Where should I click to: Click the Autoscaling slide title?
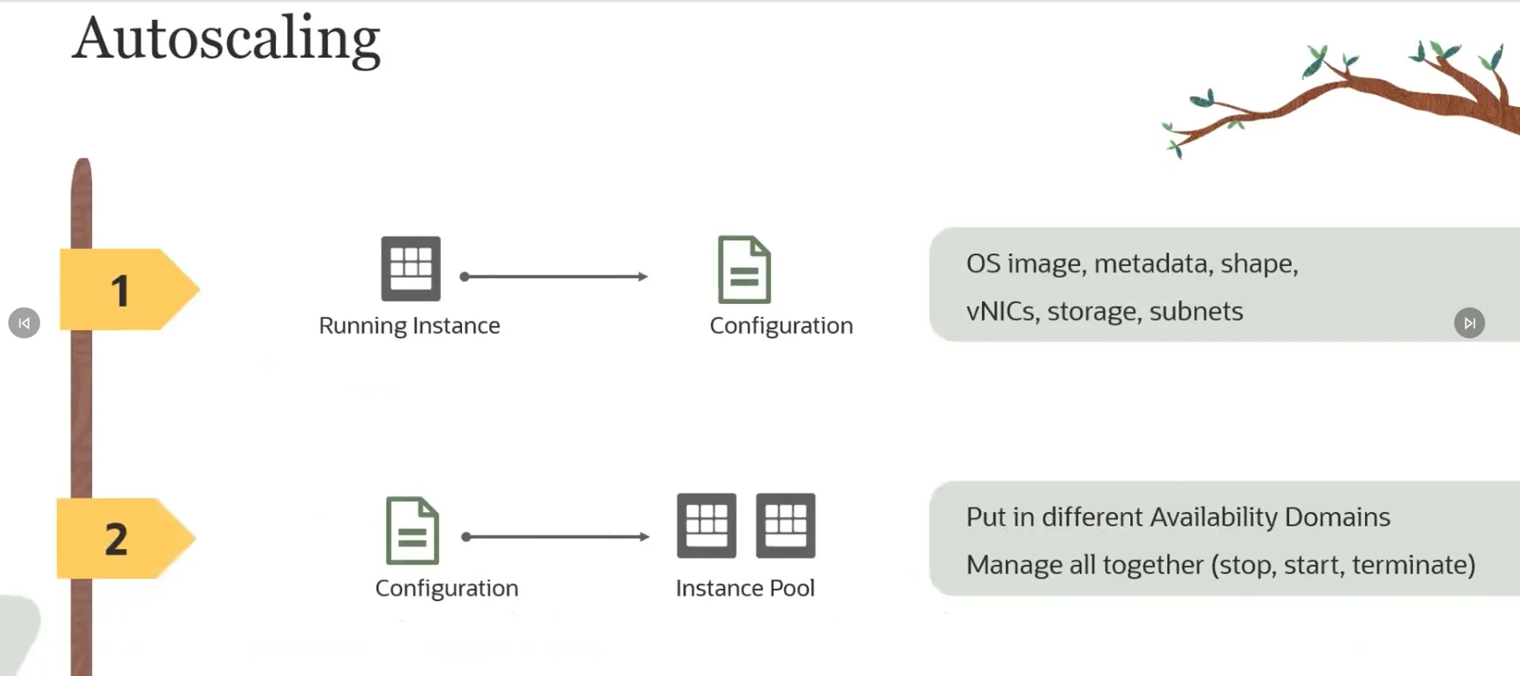(x=226, y=39)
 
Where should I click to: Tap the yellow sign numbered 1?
(x=125, y=289)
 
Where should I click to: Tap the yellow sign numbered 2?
(x=122, y=539)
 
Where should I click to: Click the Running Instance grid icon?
(x=410, y=268)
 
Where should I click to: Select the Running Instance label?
(x=409, y=326)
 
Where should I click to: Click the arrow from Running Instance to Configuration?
(x=555, y=276)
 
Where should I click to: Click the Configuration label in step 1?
(x=781, y=326)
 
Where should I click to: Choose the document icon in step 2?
(x=412, y=530)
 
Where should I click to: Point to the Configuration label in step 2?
(x=446, y=588)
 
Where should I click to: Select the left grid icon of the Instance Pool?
(x=706, y=526)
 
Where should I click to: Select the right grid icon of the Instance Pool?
(x=785, y=526)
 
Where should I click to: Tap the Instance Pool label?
(x=745, y=588)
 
